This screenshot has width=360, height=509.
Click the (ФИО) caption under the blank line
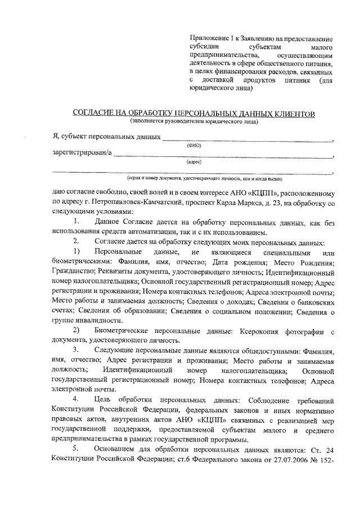click(x=193, y=145)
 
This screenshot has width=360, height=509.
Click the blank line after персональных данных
click(x=247, y=137)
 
